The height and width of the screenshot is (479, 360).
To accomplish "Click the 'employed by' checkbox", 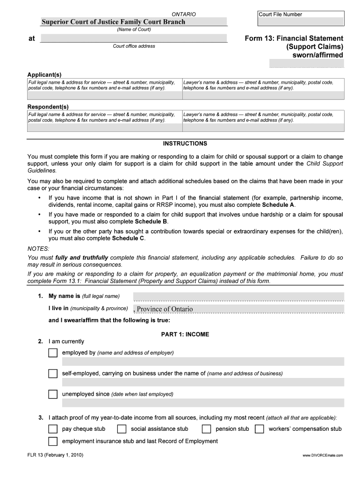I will point(53,353).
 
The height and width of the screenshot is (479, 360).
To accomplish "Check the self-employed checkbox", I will point(53,373).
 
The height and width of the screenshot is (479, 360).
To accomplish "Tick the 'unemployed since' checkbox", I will point(53,394).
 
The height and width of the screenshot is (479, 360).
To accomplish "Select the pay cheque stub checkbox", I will point(53,429).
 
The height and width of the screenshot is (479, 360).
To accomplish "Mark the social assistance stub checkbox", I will point(122,429).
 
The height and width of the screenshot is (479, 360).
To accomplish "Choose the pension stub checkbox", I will point(206,429).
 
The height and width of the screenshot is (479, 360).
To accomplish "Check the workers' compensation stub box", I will point(259,429).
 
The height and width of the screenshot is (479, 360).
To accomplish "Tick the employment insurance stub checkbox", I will point(53,441).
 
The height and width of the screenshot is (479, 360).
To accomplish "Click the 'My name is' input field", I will point(238,297).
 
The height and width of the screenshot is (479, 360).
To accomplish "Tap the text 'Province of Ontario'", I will point(165,309).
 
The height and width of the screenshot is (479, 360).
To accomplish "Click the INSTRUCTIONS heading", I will point(185,144).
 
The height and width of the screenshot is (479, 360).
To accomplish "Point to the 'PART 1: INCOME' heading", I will point(185,334).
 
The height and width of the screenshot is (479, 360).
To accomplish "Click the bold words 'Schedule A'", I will point(278,205).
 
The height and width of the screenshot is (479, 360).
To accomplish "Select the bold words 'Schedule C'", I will point(128,238).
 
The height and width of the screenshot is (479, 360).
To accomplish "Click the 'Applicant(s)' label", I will point(44,75).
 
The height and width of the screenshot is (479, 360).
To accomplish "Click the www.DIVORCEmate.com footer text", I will point(323,455).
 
